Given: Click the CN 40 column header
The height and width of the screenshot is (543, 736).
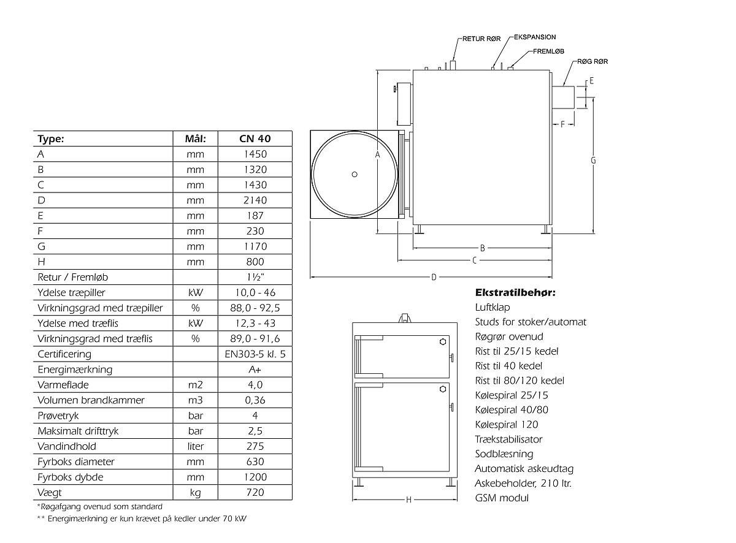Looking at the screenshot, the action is (x=255, y=139).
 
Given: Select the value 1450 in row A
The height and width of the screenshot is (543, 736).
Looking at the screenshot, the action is (x=255, y=154).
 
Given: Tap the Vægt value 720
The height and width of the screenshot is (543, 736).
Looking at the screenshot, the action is (x=255, y=492).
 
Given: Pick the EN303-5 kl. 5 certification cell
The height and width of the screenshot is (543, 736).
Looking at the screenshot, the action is (x=255, y=354).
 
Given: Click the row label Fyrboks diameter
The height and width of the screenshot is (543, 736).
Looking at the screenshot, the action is (x=75, y=461).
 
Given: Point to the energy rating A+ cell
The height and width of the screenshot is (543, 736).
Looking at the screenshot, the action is (x=255, y=370).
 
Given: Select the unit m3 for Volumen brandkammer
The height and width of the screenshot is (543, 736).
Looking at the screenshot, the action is (x=195, y=400).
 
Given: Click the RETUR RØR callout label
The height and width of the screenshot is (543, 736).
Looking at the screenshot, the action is (x=481, y=39).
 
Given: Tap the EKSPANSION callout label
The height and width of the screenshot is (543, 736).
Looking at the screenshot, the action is (x=535, y=37).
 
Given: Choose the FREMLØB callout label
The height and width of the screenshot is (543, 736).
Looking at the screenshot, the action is (x=548, y=51).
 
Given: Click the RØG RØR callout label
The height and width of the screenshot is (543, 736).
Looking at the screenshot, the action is (x=592, y=61).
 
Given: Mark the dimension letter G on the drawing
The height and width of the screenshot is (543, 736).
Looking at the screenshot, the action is (x=593, y=160).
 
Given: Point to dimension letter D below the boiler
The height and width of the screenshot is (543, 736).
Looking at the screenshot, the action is (x=434, y=277).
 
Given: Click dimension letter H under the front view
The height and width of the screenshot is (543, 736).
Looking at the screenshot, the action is (x=408, y=499).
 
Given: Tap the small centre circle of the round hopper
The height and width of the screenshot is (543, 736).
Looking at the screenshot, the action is (x=355, y=175).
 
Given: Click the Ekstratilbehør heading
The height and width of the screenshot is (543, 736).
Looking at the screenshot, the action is (x=515, y=292).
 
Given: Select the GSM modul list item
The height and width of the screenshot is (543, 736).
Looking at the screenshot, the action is (x=501, y=498).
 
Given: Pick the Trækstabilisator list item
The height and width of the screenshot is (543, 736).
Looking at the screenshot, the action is (x=508, y=439).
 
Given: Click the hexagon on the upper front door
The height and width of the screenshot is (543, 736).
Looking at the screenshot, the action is (x=443, y=341).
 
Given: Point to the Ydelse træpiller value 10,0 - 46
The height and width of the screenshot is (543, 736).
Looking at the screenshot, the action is (x=255, y=292).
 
